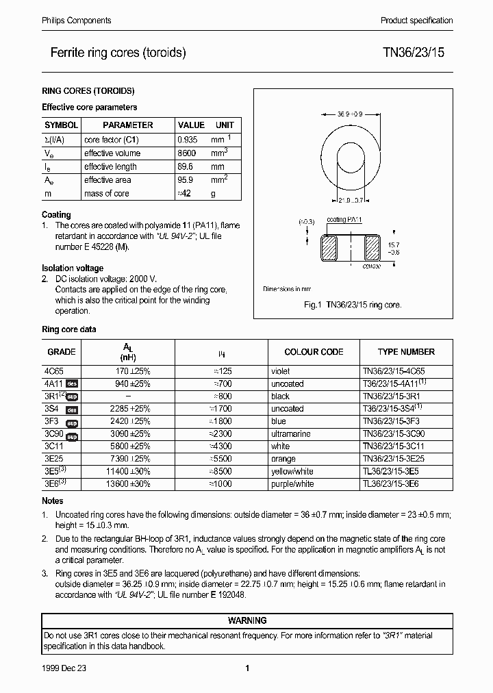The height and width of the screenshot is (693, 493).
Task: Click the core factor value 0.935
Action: [188, 140]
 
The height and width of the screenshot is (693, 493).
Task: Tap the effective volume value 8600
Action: [186, 153]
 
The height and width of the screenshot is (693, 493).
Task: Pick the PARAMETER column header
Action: [128, 125]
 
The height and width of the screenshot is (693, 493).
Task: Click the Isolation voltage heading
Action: [73, 268]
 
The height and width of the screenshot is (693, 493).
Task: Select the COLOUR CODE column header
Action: [314, 352]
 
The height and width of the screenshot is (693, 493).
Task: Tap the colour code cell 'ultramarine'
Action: [291, 434]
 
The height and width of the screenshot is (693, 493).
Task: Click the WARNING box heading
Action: [246, 620]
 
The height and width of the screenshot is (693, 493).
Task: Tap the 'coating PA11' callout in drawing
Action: [345, 220]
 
